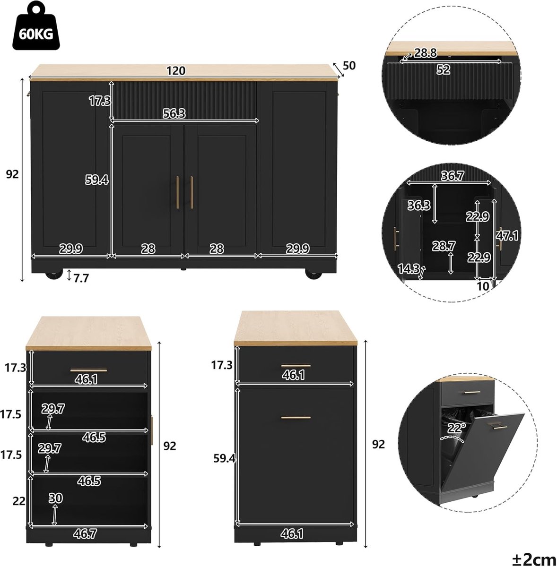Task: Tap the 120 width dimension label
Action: (x=176, y=71)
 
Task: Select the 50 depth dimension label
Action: (x=349, y=66)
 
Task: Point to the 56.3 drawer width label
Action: (x=174, y=113)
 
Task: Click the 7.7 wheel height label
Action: (x=81, y=278)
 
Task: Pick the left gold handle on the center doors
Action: (x=177, y=192)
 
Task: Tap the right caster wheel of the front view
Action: (x=313, y=274)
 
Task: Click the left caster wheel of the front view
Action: (x=54, y=274)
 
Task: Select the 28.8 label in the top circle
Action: (x=426, y=53)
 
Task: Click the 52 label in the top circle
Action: (x=443, y=70)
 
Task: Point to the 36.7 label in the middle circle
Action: (x=452, y=176)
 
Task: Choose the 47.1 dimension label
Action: (x=507, y=235)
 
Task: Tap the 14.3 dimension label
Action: (x=409, y=268)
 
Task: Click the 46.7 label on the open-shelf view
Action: (x=85, y=533)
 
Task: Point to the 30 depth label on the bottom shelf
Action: (x=56, y=498)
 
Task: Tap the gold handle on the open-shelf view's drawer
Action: (x=88, y=371)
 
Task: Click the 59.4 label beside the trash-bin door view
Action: (x=225, y=458)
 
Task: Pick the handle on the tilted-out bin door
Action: (x=498, y=427)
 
